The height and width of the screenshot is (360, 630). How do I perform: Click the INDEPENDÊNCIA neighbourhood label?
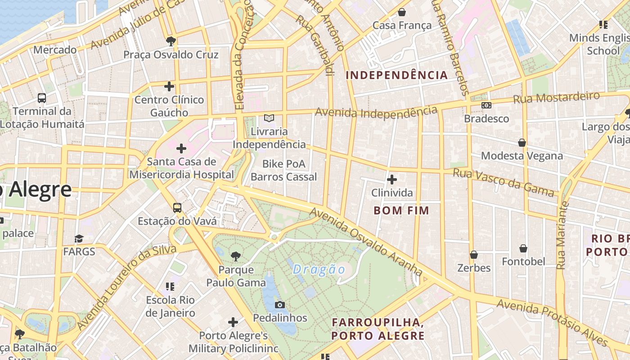[x=396, y=75]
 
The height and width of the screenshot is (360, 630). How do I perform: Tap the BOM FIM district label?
[x=401, y=210]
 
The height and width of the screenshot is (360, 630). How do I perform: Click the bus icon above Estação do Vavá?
[x=177, y=208]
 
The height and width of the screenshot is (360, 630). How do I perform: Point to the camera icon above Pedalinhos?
[x=279, y=305]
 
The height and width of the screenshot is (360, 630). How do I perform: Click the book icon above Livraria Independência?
[x=269, y=118]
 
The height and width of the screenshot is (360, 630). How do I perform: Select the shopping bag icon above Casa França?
[x=402, y=12]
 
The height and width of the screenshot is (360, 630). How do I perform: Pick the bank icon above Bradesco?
[x=486, y=105]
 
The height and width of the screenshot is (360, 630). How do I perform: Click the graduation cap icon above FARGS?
[x=79, y=238]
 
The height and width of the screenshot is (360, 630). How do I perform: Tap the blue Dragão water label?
[x=319, y=270]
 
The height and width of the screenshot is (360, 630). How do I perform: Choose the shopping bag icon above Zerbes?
[x=474, y=255]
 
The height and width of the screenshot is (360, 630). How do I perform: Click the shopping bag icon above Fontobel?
[x=523, y=248]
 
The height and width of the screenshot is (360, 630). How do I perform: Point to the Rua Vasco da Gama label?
[x=503, y=182]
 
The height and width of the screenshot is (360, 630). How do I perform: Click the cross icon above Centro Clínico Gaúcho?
[x=169, y=86]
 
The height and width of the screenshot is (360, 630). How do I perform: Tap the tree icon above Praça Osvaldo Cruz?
[x=171, y=41]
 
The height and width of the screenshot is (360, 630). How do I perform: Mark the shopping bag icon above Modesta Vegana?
[x=522, y=143]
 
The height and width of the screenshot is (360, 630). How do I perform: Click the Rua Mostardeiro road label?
[x=556, y=97]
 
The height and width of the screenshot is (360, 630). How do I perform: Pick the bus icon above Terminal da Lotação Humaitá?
[x=42, y=98]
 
